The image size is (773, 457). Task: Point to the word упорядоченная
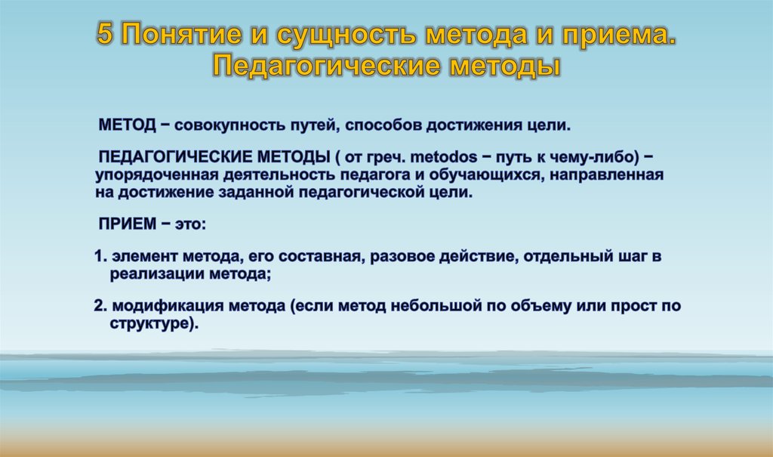(156, 174)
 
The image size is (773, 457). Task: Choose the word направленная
(607, 174)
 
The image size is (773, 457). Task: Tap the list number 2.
(99, 306)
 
